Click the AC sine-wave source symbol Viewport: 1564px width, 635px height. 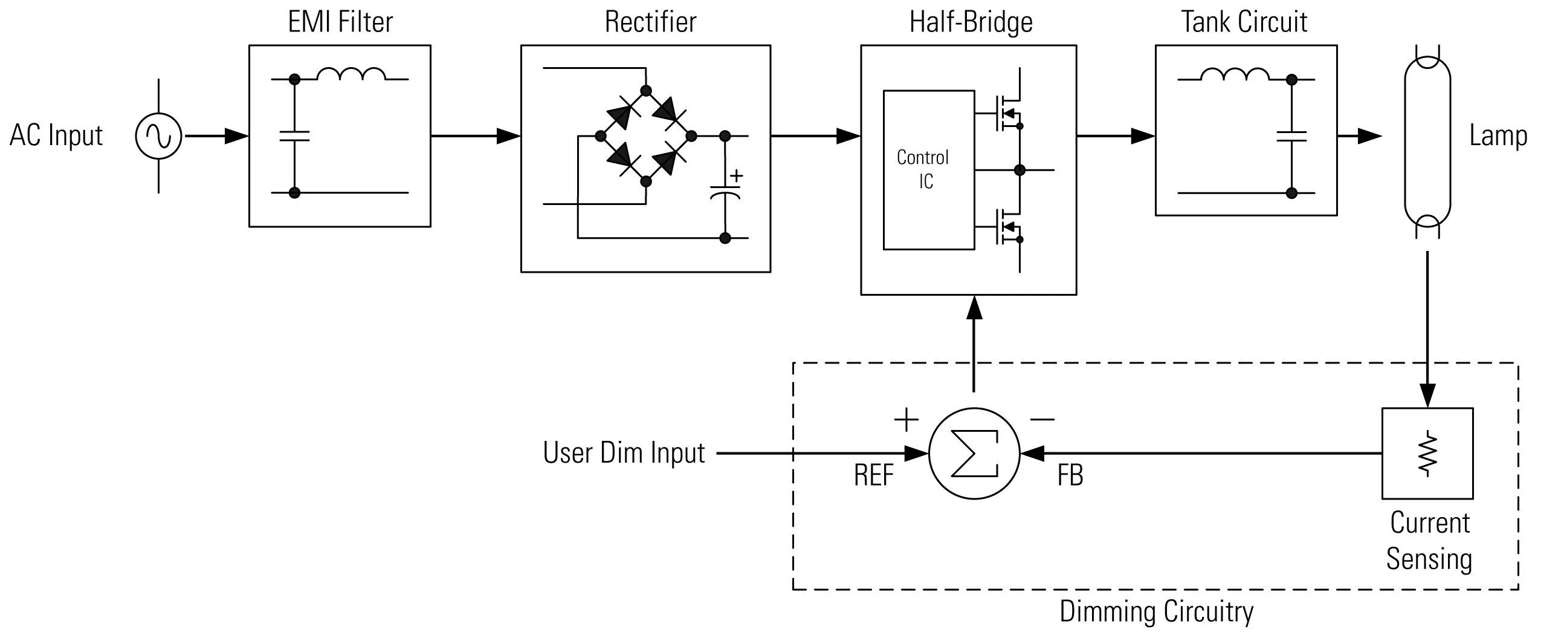tap(158, 136)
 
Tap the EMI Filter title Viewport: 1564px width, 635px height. tap(340, 22)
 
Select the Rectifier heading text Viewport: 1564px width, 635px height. tap(650, 22)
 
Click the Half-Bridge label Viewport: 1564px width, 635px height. tap(971, 22)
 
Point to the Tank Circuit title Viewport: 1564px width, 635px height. tap(1244, 22)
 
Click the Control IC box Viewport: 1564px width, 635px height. tap(928, 169)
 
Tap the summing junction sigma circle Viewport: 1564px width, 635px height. tap(974, 454)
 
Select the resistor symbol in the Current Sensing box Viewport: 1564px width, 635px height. tap(1427, 454)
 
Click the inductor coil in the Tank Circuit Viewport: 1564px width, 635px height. tap(1235, 74)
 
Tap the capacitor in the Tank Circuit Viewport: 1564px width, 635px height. tap(1291, 136)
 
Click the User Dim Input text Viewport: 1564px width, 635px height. tap(624, 454)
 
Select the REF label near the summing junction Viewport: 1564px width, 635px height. tap(874, 476)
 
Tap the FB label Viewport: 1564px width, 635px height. tap(1070, 476)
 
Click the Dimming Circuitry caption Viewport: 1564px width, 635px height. tap(1156, 612)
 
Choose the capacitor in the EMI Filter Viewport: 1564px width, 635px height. tap(294, 136)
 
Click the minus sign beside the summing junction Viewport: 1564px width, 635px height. tap(1042, 419)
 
